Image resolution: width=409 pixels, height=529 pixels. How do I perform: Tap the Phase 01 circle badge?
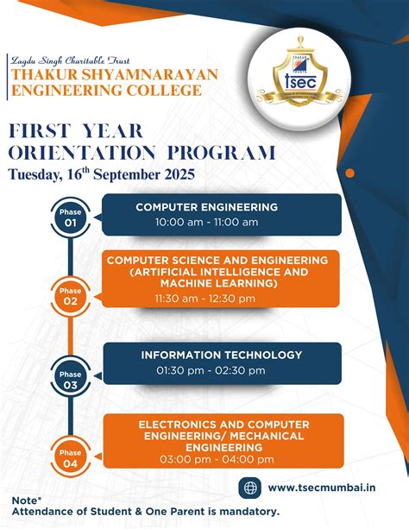[x=71, y=216]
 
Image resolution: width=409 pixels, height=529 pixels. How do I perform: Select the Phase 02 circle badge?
[x=71, y=296]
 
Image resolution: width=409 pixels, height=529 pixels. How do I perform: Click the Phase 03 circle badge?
[x=71, y=379]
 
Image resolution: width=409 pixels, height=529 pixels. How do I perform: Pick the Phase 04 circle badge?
[x=71, y=457]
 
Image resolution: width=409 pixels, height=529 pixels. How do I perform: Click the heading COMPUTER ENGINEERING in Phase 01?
[x=206, y=207]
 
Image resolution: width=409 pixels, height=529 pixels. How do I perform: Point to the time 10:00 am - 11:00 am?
[x=206, y=222]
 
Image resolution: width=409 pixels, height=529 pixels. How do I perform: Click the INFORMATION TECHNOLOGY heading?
[x=222, y=355]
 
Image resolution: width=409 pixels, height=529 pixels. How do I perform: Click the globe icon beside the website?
[x=249, y=488]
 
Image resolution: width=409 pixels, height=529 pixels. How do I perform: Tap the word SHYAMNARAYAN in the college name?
[x=146, y=75]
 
